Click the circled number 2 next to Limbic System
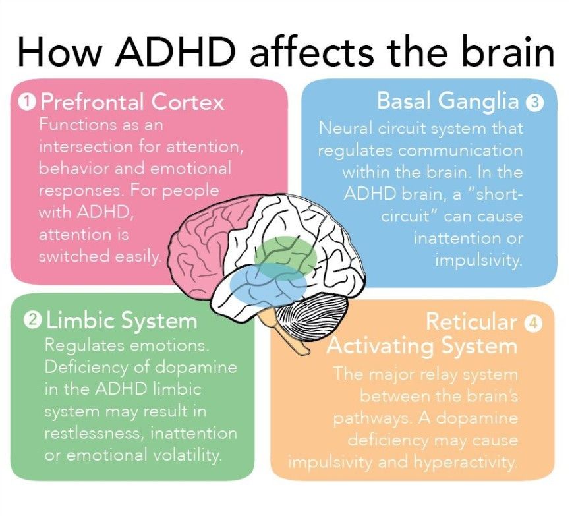point(31,321)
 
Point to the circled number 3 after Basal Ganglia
point(534,102)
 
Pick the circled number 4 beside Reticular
point(532,322)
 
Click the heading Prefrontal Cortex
point(132,103)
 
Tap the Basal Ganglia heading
point(448,101)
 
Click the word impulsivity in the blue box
point(478,260)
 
